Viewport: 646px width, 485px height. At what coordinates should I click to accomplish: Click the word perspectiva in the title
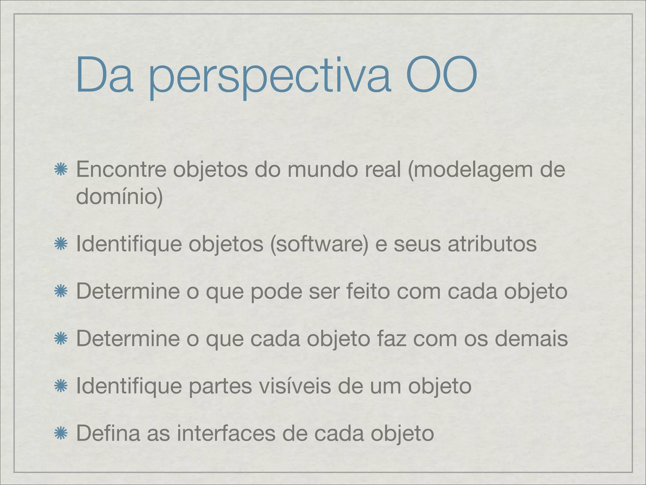tap(270, 76)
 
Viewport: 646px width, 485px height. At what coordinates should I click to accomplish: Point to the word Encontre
tap(121, 170)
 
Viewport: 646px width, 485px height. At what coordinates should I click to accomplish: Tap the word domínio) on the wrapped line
tap(119, 196)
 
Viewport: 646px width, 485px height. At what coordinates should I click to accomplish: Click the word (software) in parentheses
tap(319, 244)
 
